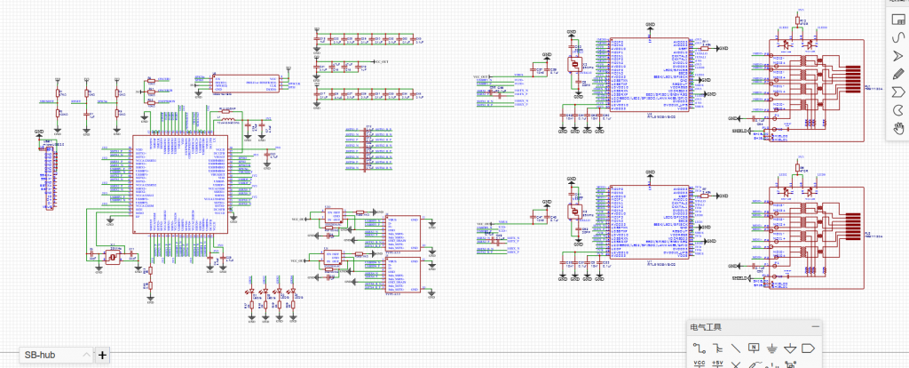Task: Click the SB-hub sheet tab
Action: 41,355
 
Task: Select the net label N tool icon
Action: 754,347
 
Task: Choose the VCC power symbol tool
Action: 699,364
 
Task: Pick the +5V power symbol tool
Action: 717,364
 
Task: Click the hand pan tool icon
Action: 897,128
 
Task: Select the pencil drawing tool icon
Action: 897,73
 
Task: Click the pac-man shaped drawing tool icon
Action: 897,109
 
